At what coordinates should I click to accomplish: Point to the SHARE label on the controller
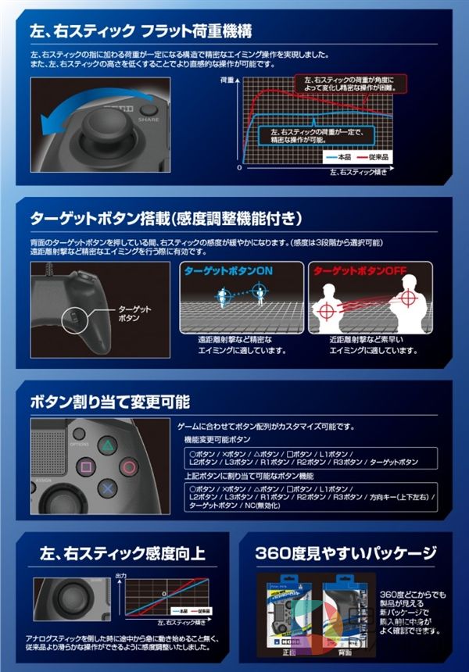149,120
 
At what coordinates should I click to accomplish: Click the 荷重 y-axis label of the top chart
227,80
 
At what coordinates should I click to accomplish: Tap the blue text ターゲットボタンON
228,270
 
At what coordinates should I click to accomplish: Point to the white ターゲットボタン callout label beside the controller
137,314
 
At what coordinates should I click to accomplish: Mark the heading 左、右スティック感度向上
123,553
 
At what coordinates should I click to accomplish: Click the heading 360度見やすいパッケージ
346,553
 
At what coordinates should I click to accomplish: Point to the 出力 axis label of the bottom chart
119,576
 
